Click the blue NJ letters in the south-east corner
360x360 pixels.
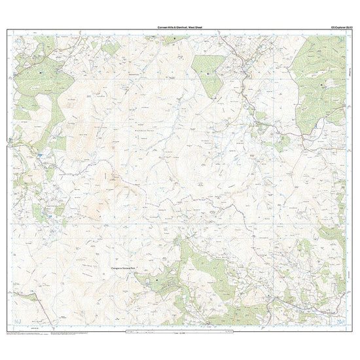(341, 321)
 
